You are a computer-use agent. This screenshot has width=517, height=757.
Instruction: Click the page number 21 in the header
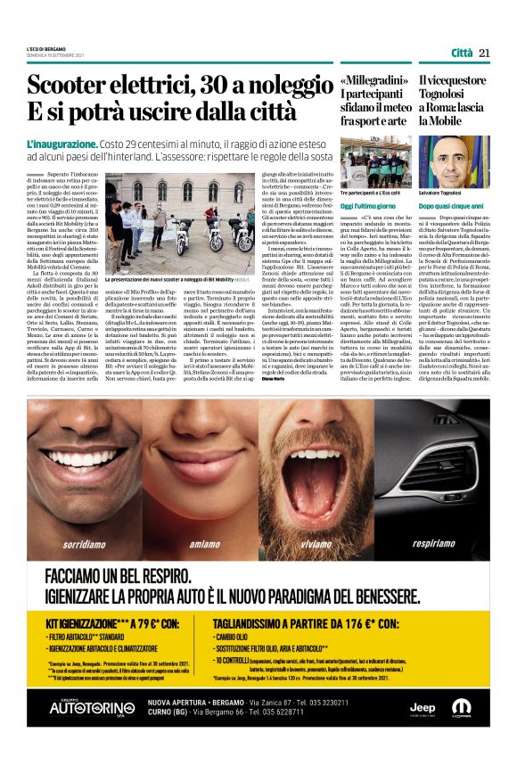(485, 53)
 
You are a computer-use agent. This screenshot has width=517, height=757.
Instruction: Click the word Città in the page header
(461, 53)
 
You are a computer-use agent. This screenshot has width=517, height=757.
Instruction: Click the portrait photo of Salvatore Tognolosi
(454, 161)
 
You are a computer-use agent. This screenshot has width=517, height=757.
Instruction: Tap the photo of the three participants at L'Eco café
(375, 160)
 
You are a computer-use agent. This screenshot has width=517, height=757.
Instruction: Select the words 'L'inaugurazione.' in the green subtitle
(62, 143)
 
